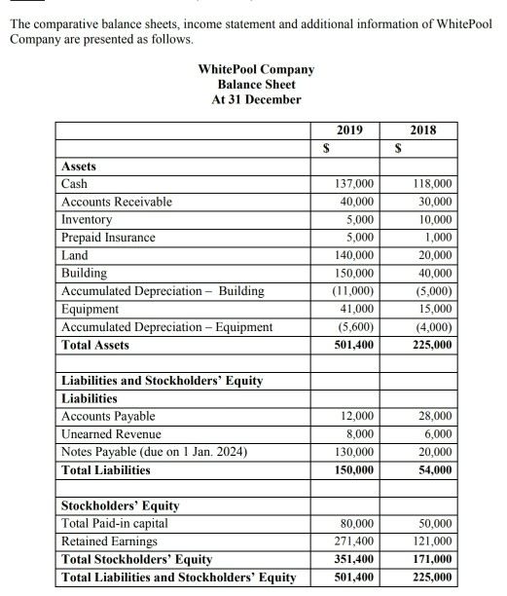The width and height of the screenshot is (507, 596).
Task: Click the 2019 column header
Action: click(351, 130)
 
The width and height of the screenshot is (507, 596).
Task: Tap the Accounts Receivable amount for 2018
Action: click(436, 202)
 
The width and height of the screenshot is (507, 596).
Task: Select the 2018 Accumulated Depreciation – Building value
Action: click(436, 291)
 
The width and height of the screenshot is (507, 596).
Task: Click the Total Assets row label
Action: click(95, 345)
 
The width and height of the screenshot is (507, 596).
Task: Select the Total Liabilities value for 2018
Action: click(436, 470)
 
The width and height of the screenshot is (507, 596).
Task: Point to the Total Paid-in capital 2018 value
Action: click(436, 524)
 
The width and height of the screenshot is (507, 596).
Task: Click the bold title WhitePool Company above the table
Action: click(257, 70)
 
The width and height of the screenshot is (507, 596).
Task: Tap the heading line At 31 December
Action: click(257, 99)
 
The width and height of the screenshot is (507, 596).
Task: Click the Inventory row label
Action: click(89, 219)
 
